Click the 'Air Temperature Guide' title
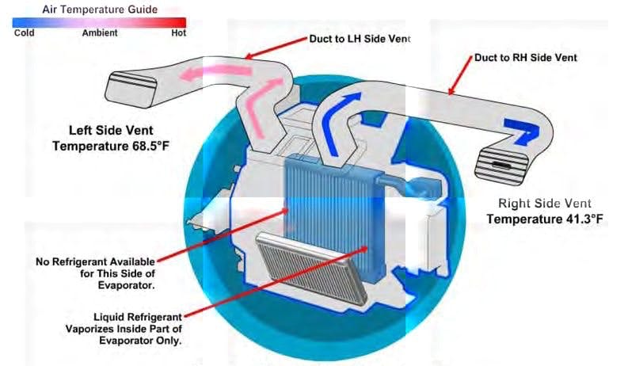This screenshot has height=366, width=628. click(100, 10)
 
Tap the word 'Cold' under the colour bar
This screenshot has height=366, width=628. click(24, 32)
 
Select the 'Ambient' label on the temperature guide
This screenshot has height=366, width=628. click(100, 32)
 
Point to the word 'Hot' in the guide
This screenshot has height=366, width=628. click(179, 32)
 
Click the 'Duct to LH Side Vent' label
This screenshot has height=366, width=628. click(360, 39)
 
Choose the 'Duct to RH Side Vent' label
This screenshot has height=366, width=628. click(526, 57)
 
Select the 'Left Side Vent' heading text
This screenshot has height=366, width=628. click(111, 130)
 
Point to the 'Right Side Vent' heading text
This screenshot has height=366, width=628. click(545, 203)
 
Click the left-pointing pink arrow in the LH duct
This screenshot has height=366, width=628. click(215, 73)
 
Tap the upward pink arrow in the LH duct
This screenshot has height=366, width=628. click(260, 108)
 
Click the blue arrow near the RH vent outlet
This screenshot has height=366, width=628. click(522, 131)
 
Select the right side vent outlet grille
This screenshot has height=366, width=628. click(500, 166)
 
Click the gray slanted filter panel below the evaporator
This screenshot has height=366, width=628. click(312, 268)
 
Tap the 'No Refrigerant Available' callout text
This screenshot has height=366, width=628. click(95, 273)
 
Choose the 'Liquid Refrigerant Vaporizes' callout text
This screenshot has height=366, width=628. click(124, 329)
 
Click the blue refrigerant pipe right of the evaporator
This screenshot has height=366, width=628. click(409, 185)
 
